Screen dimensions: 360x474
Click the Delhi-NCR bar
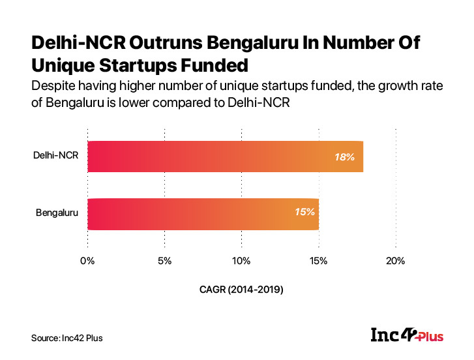(225, 157)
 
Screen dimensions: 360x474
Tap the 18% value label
(344, 157)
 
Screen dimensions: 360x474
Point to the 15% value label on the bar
(304, 212)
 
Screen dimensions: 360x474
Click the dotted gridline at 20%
(396, 189)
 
